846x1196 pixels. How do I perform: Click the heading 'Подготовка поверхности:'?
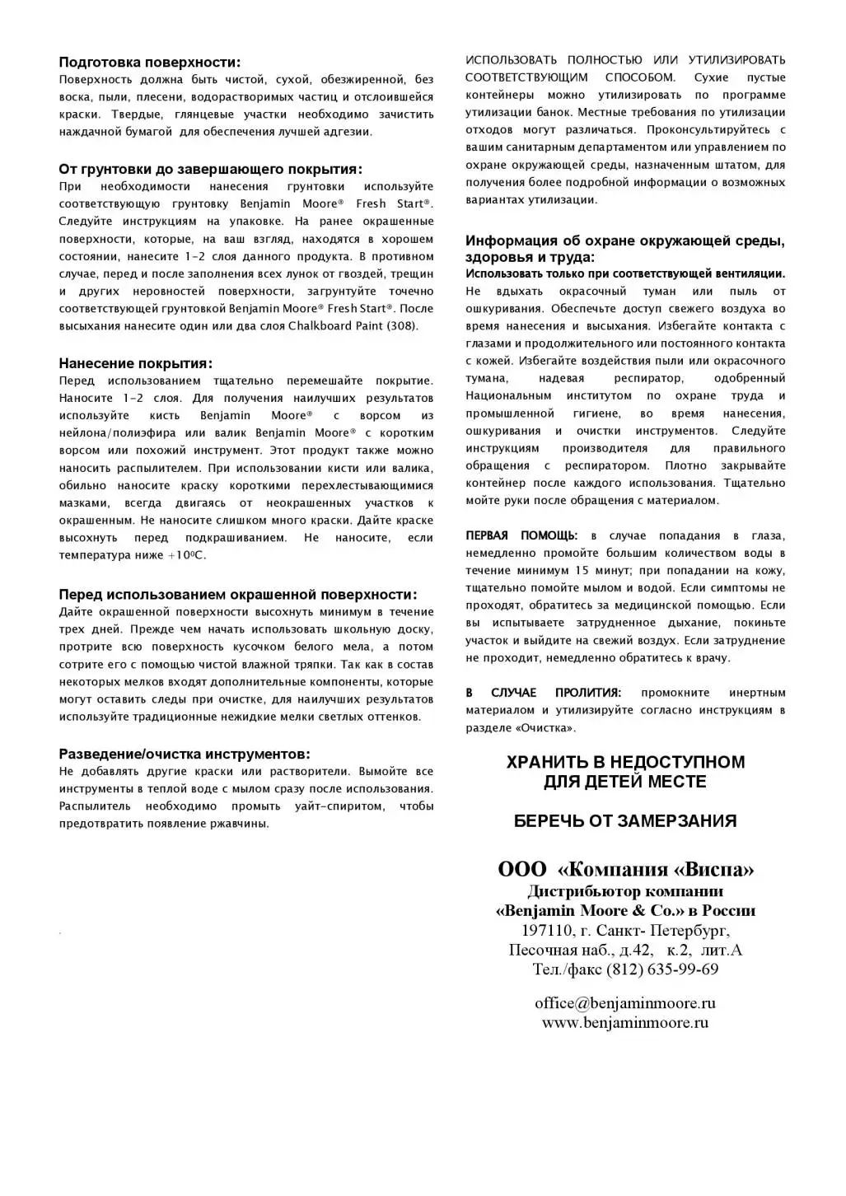tap(150, 62)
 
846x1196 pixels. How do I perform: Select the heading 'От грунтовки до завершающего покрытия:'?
tap(210, 169)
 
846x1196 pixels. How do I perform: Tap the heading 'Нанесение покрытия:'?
tap(135, 363)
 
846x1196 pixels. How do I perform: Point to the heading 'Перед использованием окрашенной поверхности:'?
tap(237, 595)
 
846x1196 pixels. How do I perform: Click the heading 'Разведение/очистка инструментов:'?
tap(185, 754)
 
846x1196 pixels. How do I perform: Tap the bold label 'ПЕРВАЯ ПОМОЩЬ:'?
tap(521, 535)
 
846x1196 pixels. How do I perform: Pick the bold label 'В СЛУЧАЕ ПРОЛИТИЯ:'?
tap(544, 693)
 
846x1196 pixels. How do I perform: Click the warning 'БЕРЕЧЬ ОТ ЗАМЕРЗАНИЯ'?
tap(625, 820)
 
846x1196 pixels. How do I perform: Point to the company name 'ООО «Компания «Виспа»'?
tap(625, 870)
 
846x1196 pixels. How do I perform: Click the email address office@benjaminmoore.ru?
tap(625, 1003)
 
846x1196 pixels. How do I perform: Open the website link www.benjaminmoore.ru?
tap(625, 1023)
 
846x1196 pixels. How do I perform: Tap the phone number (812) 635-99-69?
tap(661, 969)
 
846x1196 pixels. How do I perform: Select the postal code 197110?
tap(546, 931)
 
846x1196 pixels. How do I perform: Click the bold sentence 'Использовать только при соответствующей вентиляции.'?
tap(625, 273)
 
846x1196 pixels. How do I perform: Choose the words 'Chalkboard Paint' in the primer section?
tap(335, 325)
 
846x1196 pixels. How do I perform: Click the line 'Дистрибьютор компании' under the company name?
tap(625, 891)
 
